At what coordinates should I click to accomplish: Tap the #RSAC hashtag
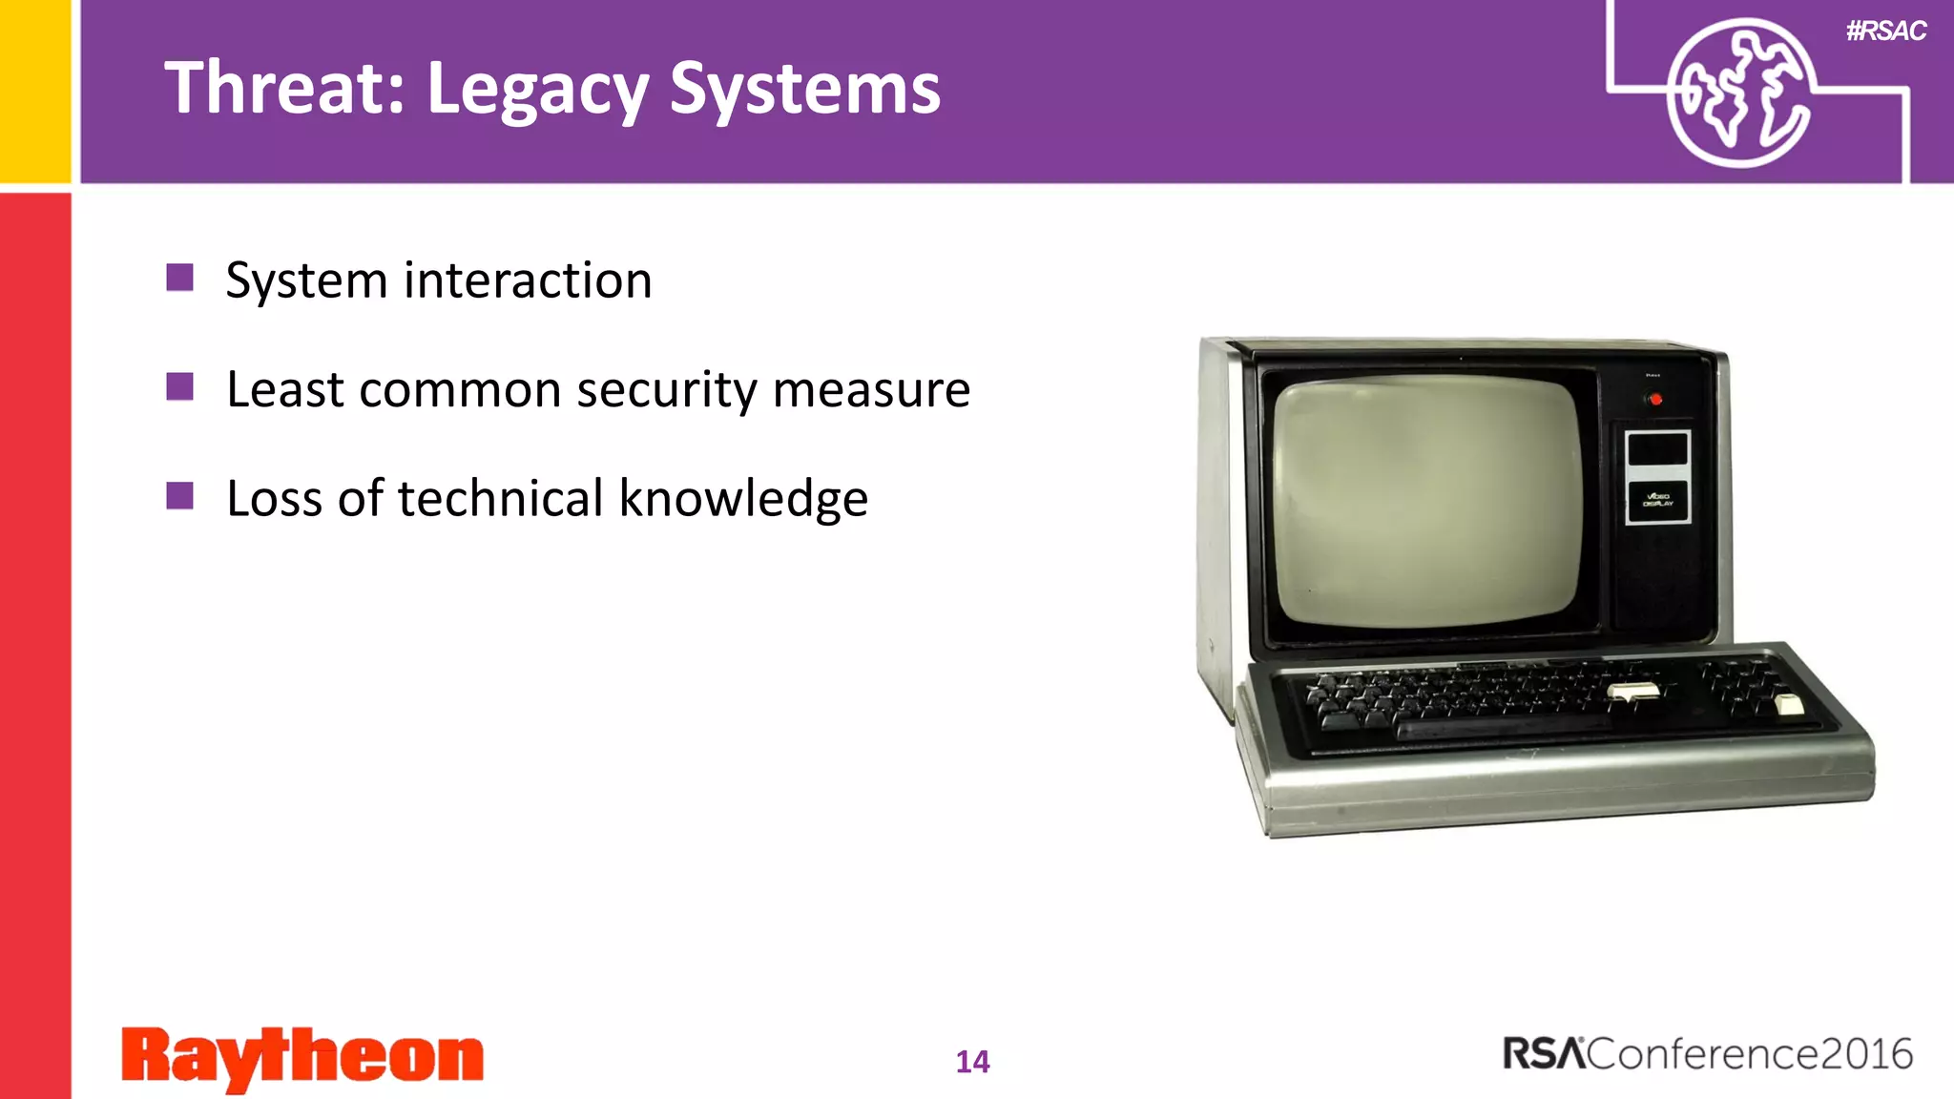[x=1885, y=31]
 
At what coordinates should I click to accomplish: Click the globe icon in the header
[x=1738, y=93]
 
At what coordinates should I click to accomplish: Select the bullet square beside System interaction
[x=179, y=278]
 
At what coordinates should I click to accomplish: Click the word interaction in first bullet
[x=528, y=280]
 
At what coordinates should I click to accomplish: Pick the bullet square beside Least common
[x=179, y=386]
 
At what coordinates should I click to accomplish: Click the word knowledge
[x=743, y=499]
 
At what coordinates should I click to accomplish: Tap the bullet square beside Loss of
[x=179, y=495]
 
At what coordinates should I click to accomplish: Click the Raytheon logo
[x=302, y=1057]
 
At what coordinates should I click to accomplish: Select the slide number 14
[x=972, y=1062]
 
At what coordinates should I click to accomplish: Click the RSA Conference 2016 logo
[x=1707, y=1054]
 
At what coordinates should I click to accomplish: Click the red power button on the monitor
[x=1655, y=400]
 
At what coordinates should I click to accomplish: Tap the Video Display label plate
[x=1657, y=501]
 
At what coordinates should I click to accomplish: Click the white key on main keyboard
[x=1632, y=692]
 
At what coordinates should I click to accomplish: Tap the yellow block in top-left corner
[x=35, y=91]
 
